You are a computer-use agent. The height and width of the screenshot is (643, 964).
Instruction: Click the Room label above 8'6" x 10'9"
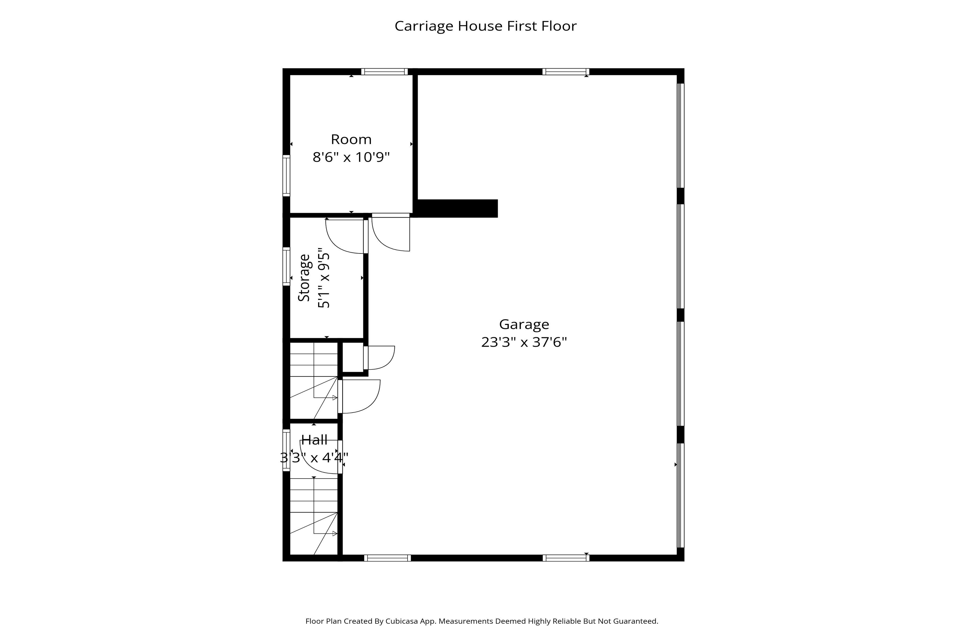pyautogui.click(x=351, y=139)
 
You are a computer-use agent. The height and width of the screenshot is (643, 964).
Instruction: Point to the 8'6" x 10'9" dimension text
pyautogui.click(x=351, y=157)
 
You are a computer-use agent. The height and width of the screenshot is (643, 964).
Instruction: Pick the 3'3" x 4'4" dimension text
pyautogui.click(x=314, y=457)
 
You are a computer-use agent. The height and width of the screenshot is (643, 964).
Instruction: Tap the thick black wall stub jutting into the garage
pyautogui.click(x=457, y=208)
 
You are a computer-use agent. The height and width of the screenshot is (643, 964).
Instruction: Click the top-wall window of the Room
pyautogui.click(x=385, y=72)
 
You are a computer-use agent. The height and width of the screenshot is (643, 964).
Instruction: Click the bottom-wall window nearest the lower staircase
pyautogui.click(x=387, y=558)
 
